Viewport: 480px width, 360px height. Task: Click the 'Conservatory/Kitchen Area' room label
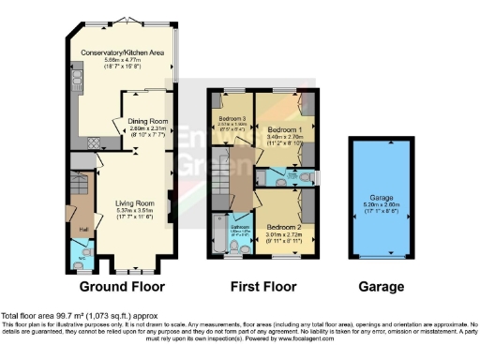point(122,52)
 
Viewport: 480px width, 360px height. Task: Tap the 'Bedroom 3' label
point(231,119)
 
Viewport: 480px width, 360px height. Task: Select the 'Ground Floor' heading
point(122,286)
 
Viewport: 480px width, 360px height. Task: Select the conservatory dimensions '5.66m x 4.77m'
point(122,61)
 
